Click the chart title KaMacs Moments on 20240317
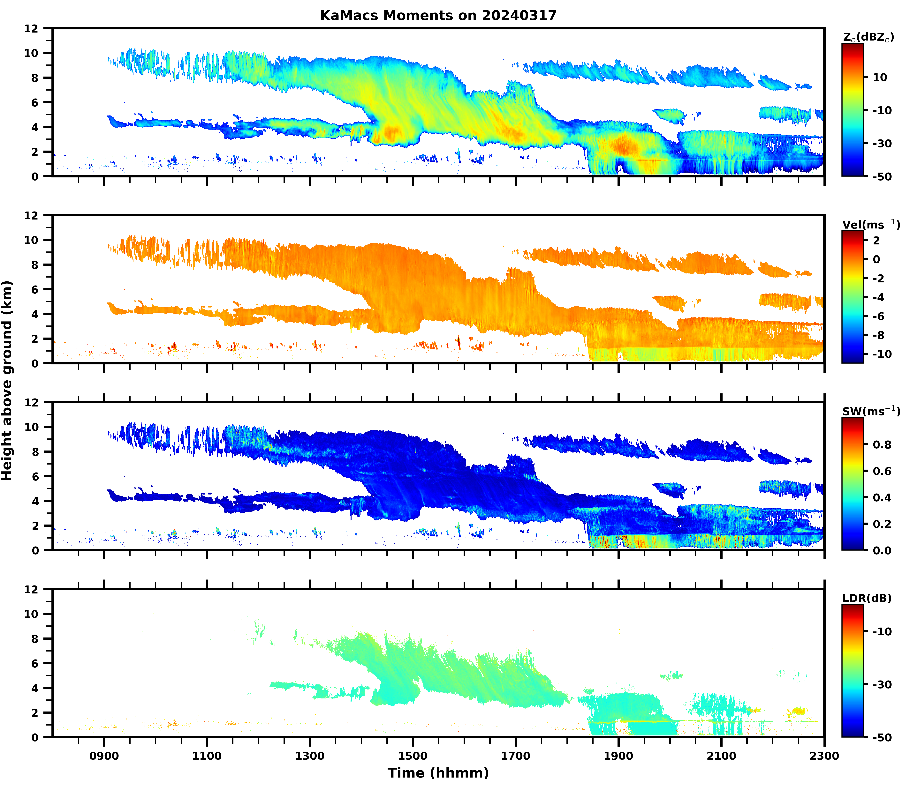tap(438, 15)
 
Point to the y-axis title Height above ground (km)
tap(7, 380)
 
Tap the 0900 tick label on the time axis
tap(104, 756)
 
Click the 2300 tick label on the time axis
tap(824, 756)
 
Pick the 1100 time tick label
tap(207, 756)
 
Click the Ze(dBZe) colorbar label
tap(868, 37)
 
